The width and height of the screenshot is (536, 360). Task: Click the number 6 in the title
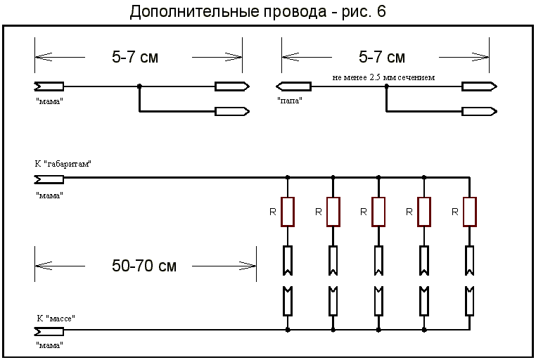381,11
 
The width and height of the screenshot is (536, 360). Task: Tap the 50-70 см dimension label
144,266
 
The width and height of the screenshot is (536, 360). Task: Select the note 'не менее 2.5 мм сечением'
383,77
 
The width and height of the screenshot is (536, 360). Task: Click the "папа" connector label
290,101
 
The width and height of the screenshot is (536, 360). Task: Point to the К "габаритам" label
63,164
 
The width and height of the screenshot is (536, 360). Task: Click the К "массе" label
56,319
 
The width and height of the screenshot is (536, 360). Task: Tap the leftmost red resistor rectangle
288,212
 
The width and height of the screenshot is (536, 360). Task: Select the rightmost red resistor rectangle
470,212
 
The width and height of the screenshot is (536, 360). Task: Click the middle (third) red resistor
378,212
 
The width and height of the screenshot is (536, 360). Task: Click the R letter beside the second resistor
318,212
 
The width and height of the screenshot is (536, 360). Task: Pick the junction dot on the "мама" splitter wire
139,86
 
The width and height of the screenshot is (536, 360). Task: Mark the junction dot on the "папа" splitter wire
387,86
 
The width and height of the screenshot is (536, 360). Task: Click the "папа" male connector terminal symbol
293,86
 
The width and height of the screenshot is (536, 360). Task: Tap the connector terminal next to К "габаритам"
49,179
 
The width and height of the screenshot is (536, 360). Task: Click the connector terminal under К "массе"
49,331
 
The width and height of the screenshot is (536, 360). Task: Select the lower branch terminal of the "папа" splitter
479,111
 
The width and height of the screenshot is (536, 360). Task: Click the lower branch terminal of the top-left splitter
232,111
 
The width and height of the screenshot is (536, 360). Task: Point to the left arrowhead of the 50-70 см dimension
44,266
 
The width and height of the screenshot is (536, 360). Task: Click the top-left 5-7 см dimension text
135,57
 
